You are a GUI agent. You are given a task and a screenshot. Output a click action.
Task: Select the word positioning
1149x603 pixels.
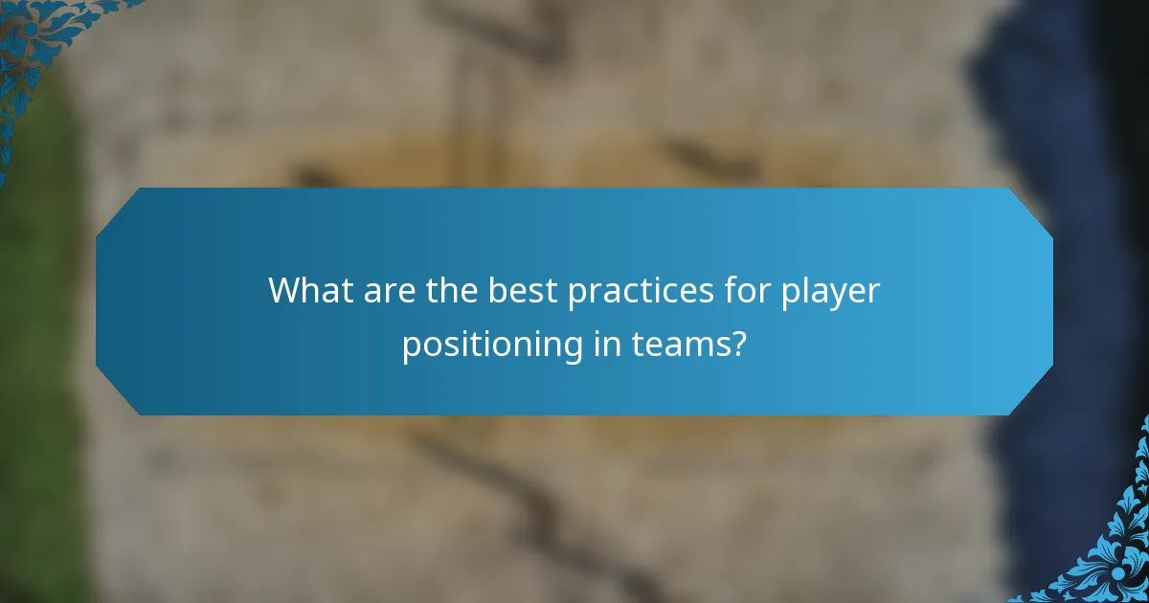489,346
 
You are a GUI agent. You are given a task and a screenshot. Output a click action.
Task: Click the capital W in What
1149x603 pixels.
285,290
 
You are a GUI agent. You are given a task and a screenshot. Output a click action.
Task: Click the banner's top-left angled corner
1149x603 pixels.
118,211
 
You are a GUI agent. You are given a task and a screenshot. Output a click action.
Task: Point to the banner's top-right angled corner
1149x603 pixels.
1031,211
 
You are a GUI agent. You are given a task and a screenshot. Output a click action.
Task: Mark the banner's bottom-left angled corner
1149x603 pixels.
118,392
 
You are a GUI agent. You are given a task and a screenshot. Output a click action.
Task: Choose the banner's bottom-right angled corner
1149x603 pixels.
1031,392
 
